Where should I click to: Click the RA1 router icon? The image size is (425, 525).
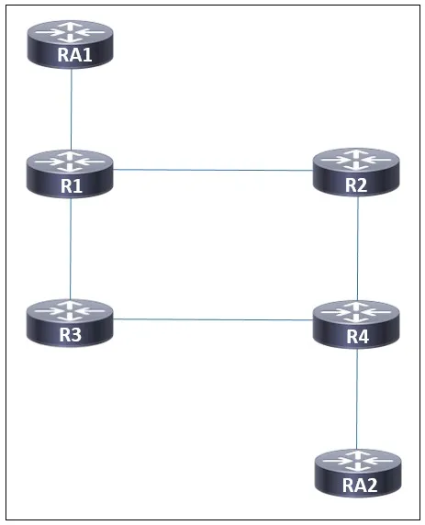click(71, 44)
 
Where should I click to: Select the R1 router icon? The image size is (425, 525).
click(70, 173)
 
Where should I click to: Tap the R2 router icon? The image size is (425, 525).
click(356, 173)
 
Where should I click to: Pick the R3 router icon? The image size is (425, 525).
click(70, 323)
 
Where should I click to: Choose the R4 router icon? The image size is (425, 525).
click(356, 324)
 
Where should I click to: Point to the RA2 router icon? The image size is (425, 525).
click(358, 473)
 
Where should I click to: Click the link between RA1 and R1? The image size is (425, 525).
click(71, 109)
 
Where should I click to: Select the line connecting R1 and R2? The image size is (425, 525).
click(213, 170)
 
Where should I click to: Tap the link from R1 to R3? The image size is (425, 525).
click(71, 249)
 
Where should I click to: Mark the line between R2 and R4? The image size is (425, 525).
click(358, 249)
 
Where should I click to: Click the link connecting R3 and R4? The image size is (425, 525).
click(213, 319)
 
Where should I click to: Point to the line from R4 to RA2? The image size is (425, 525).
click(357, 398)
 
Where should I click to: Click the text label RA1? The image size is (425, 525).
click(74, 55)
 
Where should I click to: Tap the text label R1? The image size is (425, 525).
click(72, 185)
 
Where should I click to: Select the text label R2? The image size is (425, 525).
click(356, 185)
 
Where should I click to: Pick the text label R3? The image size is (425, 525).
click(71, 334)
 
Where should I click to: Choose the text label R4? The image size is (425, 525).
click(358, 336)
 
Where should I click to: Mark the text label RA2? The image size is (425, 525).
click(360, 486)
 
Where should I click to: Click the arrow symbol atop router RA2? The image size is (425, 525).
click(357, 461)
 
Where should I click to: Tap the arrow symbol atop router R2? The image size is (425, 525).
click(356, 160)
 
